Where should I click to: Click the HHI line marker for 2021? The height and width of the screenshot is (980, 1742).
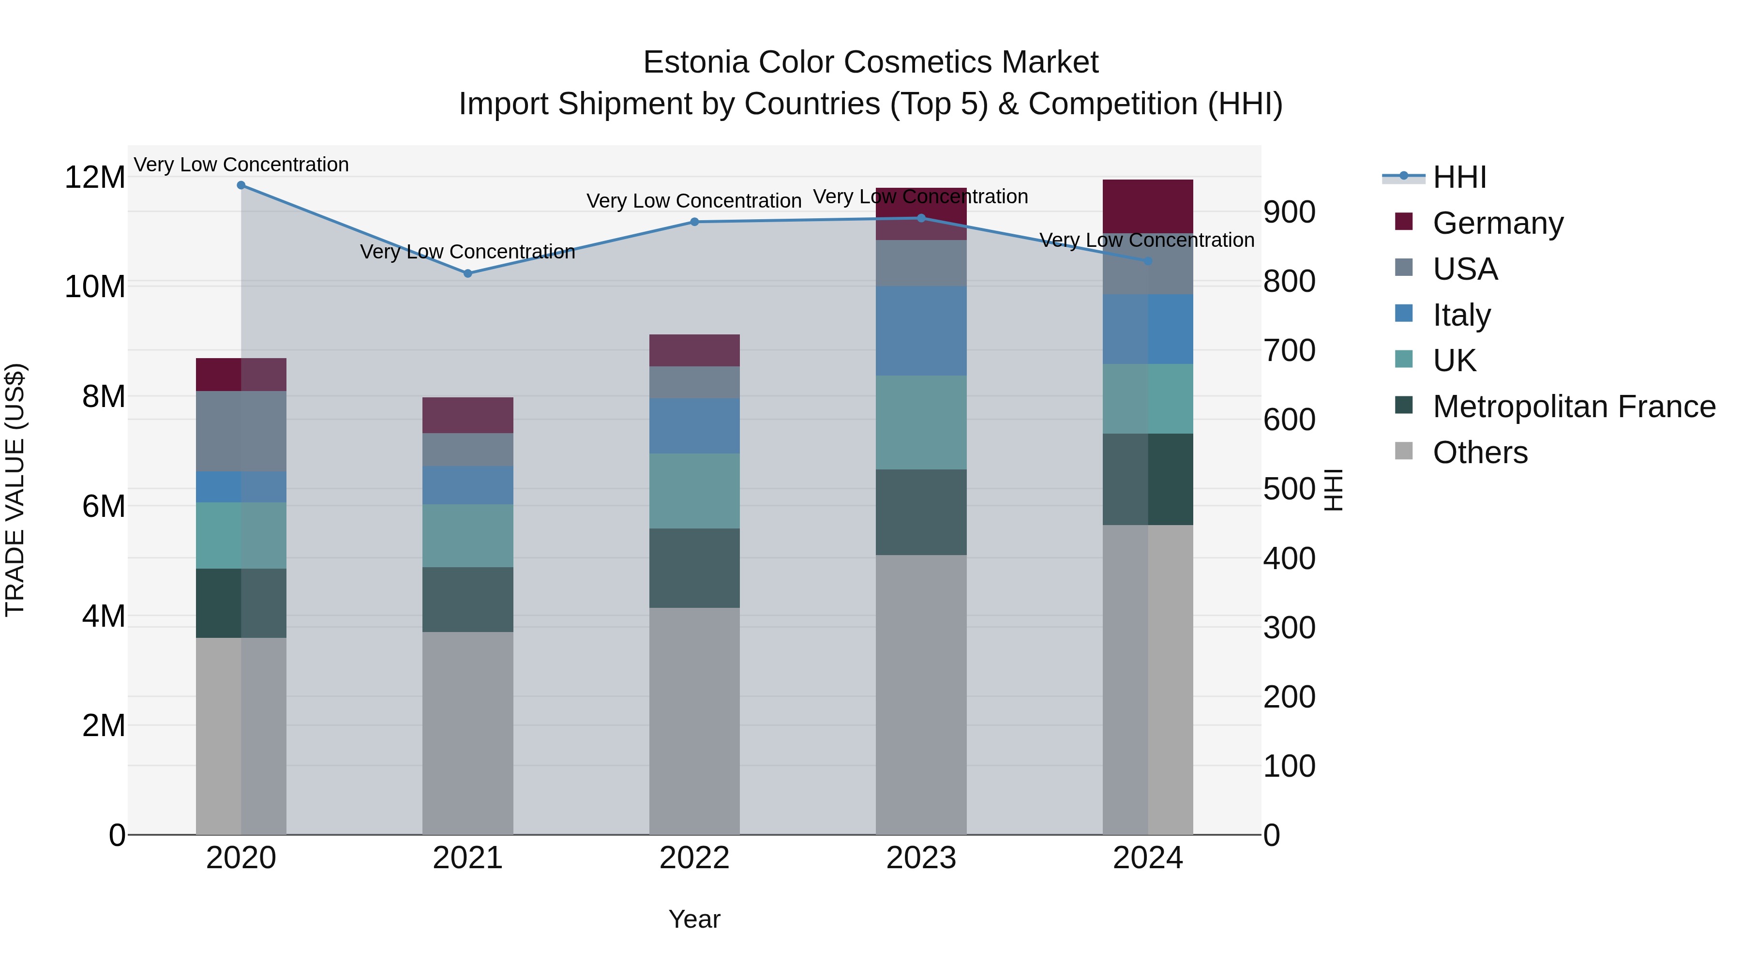tap(467, 273)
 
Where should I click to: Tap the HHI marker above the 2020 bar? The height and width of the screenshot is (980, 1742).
tap(241, 185)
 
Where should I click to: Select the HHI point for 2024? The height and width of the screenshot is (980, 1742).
tap(1148, 261)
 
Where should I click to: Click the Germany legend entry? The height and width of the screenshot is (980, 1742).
tap(1497, 223)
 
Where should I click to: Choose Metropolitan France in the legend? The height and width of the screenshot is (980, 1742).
tap(1574, 407)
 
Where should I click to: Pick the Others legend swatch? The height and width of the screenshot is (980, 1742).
tap(1404, 451)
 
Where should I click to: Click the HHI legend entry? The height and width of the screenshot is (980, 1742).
tap(1458, 177)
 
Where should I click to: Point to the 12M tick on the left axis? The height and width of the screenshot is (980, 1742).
tap(95, 178)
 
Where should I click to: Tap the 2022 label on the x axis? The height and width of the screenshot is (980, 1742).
tap(694, 858)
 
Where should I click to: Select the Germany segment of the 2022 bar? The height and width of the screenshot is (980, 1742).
tap(694, 350)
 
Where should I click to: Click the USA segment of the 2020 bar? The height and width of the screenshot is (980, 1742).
tap(241, 431)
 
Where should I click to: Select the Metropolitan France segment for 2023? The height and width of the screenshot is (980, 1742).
tap(920, 512)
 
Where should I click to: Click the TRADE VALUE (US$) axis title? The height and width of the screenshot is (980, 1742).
tap(15, 490)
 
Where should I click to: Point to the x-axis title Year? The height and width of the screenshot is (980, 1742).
tap(694, 919)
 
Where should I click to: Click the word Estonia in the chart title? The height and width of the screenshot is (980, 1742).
tap(696, 62)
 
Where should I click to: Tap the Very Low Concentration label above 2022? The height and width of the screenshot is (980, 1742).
tap(694, 201)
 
